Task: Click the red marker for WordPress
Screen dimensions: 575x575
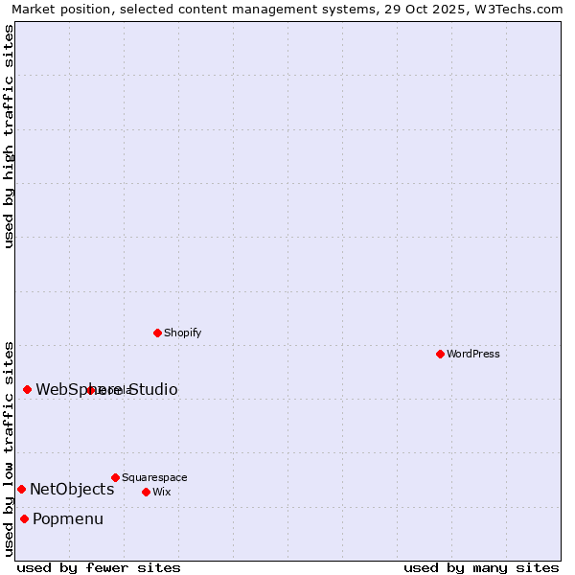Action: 440,355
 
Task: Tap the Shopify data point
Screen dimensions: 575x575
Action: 157,333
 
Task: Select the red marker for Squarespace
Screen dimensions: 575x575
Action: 115,477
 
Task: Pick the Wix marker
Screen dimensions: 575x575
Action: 146,493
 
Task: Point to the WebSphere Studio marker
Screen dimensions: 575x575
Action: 27,389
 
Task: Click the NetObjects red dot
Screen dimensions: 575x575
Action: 21,490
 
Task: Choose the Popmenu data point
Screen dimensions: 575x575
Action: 24,519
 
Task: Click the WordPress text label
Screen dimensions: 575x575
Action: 473,355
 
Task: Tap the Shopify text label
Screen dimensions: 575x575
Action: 182,333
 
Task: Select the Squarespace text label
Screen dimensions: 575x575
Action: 154,477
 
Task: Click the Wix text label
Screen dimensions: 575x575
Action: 161,493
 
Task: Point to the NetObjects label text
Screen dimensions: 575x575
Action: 72,490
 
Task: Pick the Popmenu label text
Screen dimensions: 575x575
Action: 68,519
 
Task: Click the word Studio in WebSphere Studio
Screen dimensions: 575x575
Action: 152,390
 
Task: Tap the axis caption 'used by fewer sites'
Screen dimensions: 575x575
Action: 99,567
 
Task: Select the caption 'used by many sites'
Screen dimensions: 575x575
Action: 481,567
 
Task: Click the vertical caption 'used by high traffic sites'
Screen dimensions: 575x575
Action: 9,137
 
